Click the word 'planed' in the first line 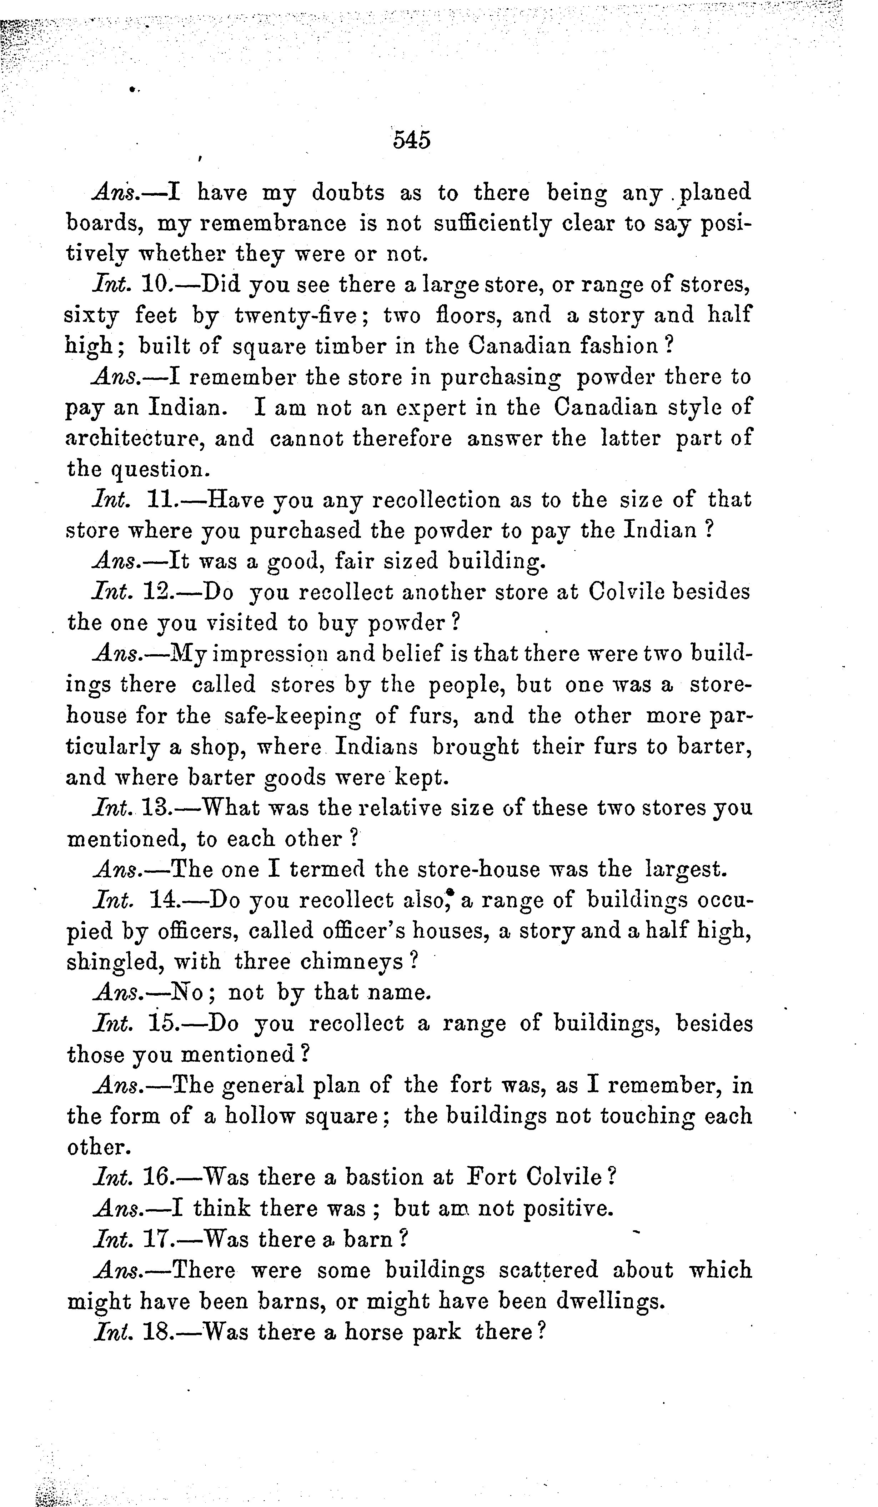tap(716, 192)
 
